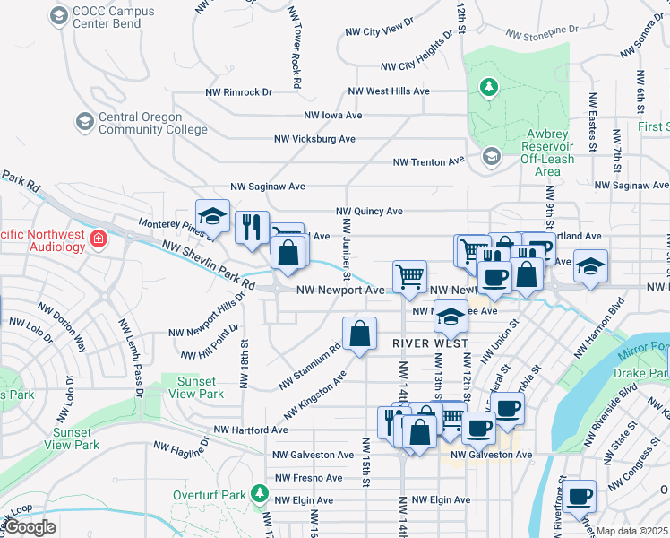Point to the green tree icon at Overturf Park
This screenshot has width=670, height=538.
point(259,493)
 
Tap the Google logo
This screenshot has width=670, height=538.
point(30,527)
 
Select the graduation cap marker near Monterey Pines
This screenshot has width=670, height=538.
point(211,216)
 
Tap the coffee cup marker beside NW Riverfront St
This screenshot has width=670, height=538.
point(580,494)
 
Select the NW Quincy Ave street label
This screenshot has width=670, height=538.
point(369,212)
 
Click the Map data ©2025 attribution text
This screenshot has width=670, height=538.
point(632,531)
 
